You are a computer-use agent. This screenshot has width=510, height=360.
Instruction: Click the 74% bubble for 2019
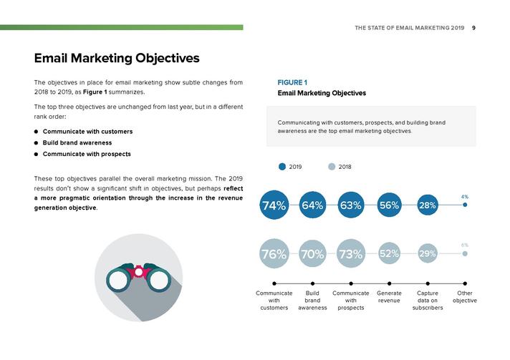(x=274, y=205)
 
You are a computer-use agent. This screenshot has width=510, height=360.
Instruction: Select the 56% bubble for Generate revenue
(x=389, y=205)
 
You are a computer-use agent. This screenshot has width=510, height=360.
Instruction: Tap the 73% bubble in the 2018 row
(x=351, y=253)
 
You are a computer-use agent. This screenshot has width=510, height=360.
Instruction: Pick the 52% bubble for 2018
(x=389, y=253)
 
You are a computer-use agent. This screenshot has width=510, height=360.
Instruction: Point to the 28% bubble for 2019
(x=428, y=205)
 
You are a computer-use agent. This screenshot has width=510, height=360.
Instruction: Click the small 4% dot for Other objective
(x=465, y=205)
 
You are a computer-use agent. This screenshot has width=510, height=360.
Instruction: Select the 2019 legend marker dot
(x=282, y=167)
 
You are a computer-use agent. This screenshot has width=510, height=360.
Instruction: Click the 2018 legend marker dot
(x=332, y=167)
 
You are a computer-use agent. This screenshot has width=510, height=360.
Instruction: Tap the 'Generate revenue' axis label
(x=389, y=297)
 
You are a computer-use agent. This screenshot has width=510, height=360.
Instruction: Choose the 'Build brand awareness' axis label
(x=312, y=301)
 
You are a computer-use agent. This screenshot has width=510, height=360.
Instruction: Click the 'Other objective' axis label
(x=464, y=297)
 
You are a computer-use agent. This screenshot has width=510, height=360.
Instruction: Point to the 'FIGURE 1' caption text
(x=292, y=82)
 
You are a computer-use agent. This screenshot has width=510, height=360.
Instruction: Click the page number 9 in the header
(x=473, y=28)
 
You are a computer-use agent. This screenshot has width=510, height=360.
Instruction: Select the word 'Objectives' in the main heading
(x=167, y=59)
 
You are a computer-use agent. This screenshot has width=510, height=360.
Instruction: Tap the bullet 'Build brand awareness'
(x=77, y=142)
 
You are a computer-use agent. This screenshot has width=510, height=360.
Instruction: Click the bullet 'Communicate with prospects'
(x=87, y=154)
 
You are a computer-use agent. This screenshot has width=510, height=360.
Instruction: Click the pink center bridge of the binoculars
(x=138, y=271)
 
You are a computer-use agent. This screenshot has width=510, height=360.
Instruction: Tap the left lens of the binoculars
(x=118, y=280)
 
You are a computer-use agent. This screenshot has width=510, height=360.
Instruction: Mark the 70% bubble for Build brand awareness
(x=312, y=253)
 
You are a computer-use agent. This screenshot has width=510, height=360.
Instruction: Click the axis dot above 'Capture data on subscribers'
(x=428, y=283)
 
